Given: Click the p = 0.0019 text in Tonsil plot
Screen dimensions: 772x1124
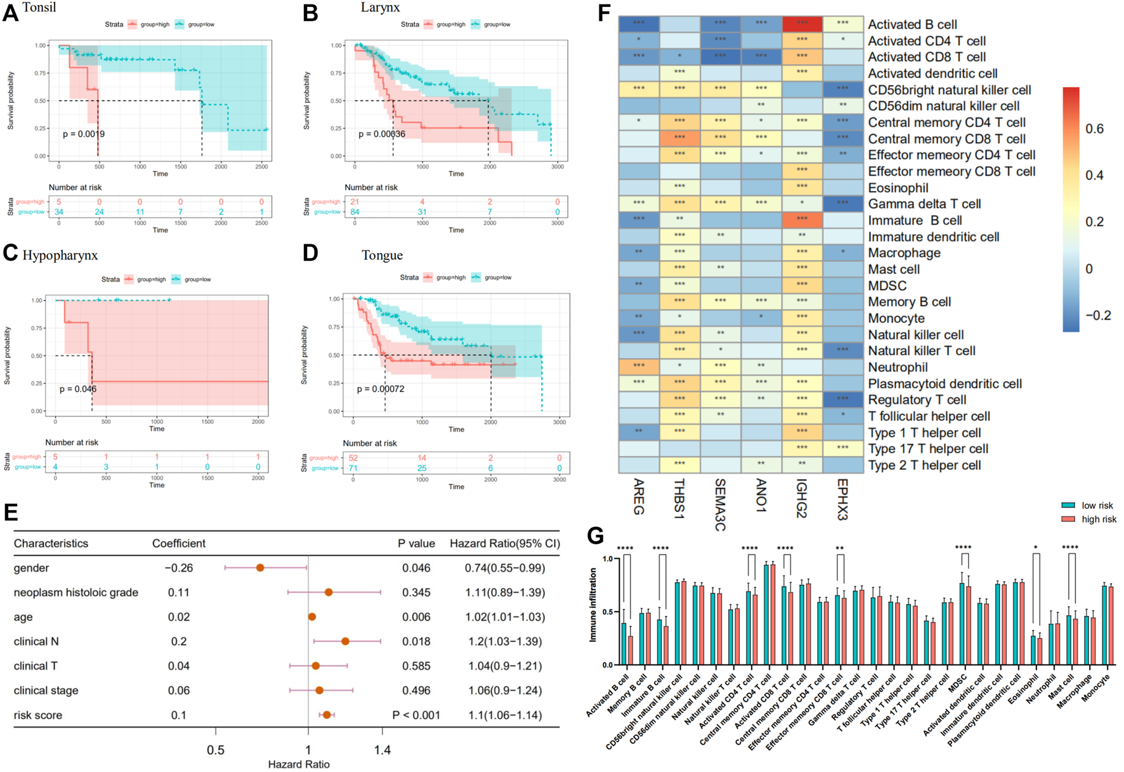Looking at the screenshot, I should [x=84, y=134].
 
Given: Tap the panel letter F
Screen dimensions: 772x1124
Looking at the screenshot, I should [x=604, y=13].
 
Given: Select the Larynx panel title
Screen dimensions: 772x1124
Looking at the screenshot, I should [x=381, y=8].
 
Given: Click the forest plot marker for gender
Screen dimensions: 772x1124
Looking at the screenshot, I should [x=260, y=568].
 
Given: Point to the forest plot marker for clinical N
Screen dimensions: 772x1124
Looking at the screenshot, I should [x=345, y=641].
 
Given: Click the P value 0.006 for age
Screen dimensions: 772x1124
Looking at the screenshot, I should [x=416, y=617].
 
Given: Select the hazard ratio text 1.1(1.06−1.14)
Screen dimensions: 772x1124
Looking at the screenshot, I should [x=505, y=716].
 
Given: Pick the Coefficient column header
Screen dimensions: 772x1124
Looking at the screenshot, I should [x=179, y=544].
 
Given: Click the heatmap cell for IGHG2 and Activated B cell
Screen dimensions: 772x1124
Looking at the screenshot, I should [x=802, y=24].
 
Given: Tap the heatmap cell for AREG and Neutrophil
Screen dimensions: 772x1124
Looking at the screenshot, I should [x=639, y=367].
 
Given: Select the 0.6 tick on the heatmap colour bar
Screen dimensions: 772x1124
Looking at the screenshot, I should [x=1094, y=129].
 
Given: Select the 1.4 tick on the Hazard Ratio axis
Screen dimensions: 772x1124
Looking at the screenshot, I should [x=382, y=750].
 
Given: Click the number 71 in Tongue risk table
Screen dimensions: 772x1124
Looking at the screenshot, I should [x=353, y=468].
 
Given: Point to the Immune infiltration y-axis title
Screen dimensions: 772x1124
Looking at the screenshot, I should [x=594, y=605].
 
